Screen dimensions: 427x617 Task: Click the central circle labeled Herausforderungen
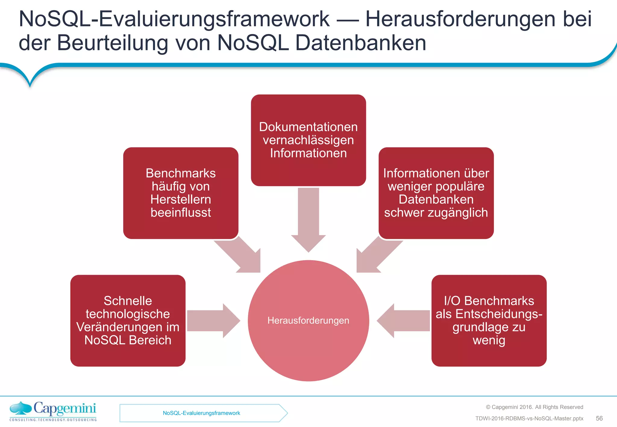click(308, 320)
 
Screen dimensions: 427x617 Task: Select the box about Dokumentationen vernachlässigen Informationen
click(308, 140)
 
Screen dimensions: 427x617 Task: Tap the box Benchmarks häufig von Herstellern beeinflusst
click(180, 193)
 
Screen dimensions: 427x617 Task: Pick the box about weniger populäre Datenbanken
click(436, 193)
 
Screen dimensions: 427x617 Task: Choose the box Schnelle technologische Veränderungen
click(128, 320)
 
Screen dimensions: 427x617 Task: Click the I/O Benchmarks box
click(489, 320)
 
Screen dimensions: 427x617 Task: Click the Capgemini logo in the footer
click(53, 409)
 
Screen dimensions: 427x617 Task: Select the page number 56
click(599, 418)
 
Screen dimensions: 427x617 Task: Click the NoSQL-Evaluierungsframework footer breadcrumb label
click(201, 413)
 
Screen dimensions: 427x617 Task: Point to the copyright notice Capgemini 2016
click(534, 407)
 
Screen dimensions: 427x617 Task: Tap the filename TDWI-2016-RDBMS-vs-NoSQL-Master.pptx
click(529, 419)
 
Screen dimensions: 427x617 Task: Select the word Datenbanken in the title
click(361, 43)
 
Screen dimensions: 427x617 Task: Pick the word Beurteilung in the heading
click(112, 43)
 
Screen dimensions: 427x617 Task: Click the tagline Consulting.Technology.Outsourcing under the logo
click(53, 420)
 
